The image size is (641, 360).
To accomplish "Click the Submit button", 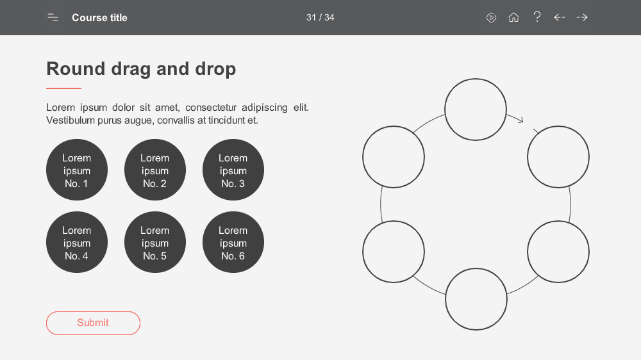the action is tap(93, 323).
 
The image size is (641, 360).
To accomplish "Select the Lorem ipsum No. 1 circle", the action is tap(77, 170).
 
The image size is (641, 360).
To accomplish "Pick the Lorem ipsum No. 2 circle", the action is tap(155, 170).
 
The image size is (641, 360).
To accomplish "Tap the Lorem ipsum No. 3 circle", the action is tap(233, 170).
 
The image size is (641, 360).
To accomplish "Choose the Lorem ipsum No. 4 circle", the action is tap(77, 242).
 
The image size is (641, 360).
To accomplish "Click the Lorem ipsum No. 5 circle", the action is tap(155, 242).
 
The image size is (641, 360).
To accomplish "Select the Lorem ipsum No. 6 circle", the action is tap(233, 242).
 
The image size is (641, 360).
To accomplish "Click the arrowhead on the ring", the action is tap(520, 120).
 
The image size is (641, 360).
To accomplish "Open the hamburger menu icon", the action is tap(53, 17).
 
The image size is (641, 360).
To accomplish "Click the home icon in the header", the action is tap(513, 17).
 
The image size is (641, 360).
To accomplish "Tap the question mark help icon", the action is tap(537, 17).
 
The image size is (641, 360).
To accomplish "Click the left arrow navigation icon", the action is tap(559, 17).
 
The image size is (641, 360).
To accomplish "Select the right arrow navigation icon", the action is tap(582, 17).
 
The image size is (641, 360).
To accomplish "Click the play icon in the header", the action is tap(492, 17).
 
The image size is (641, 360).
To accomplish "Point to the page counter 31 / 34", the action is tap(320, 17).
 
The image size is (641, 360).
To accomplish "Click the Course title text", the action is tap(100, 17).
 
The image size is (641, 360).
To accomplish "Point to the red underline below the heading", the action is tap(63, 88).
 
